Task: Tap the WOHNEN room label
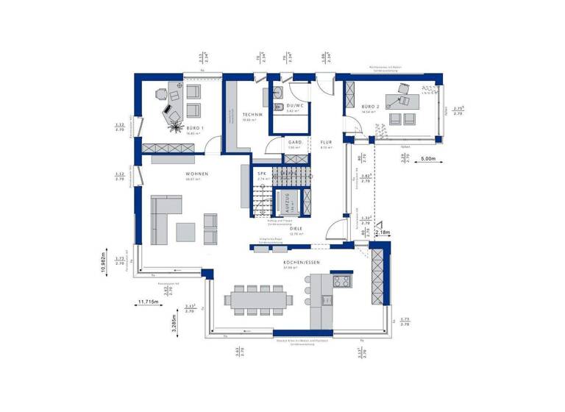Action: point(197,174)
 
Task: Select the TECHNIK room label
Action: point(252,115)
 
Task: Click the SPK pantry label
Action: point(261,174)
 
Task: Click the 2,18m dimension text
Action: point(383,232)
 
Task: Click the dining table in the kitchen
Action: point(259,299)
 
